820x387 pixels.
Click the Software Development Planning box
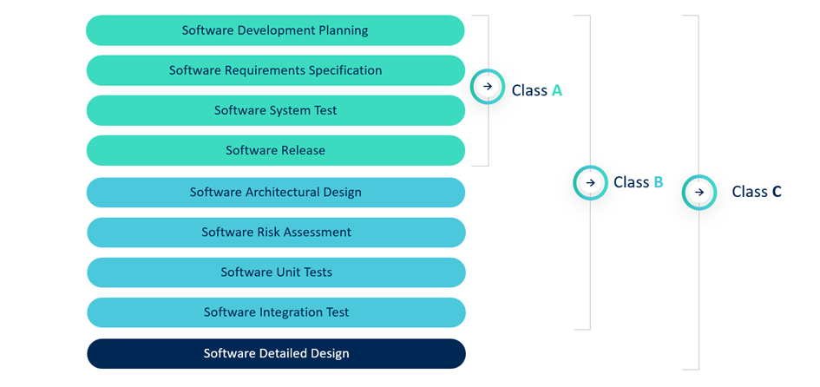(275, 30)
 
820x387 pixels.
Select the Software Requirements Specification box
(275, 70)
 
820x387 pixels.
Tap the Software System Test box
(275, 110)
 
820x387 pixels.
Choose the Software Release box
(275, 150)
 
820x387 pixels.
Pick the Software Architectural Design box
(275, 192)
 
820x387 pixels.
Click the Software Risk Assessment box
(276, 232)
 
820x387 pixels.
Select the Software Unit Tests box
(276, 272)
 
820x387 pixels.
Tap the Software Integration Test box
(276, 312)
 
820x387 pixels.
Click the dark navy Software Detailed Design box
(276, 353)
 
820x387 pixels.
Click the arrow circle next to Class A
(488, 87)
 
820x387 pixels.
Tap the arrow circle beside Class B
(590, 182)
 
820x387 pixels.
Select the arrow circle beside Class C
(699, 192)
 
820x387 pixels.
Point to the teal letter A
(557, 89)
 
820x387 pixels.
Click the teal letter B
(658, 182)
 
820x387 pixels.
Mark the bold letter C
(776, 192)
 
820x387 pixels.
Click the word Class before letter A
(529, 89)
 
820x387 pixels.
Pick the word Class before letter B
(631, 182)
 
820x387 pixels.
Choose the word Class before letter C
(749, 192)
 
